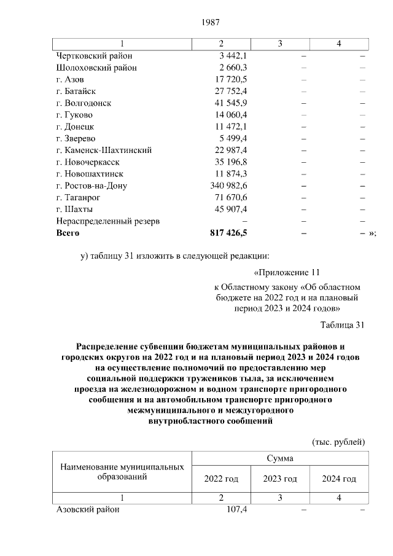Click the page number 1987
click(x=211, y=23)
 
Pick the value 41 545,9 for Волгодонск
click(x=230, y=103)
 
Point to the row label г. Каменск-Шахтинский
click(x=104, y=151)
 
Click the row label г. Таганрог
click(x=77, y=198)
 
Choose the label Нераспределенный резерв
click(x=107, y=221)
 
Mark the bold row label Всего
click(x=68, y=233)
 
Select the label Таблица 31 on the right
click(x=343, y=324)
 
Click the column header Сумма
click(x=279, y=459)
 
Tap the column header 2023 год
click(x=279, y=479)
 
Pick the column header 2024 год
click(x=339, y=479)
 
